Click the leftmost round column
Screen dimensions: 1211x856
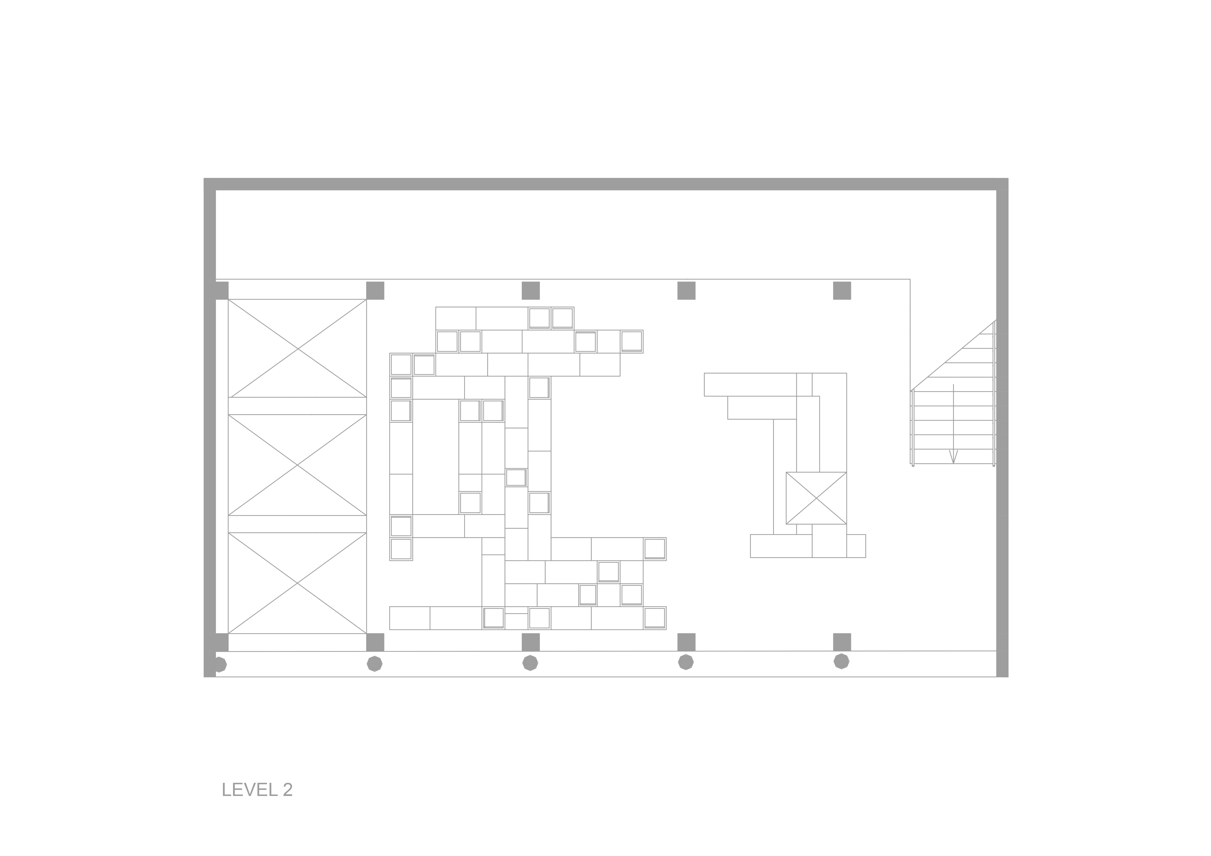[219, 664]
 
